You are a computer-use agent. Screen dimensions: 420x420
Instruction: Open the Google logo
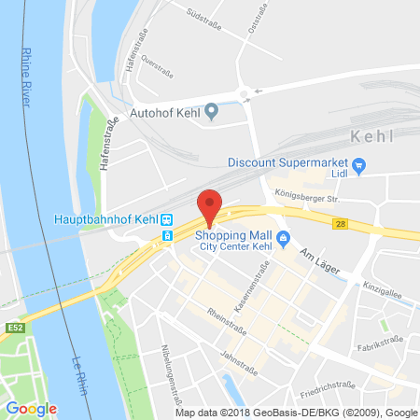pos(31,408)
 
